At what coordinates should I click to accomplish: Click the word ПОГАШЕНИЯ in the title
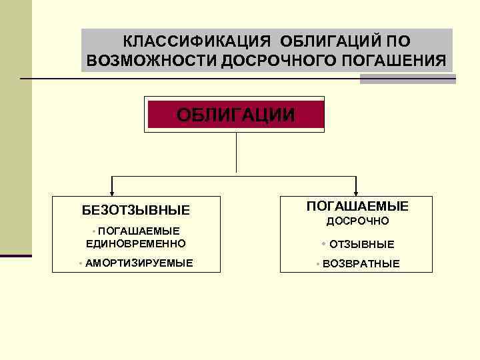pyautogui.click(x=394, y=61)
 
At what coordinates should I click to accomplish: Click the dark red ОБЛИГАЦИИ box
pyautogui.click(x=235, y=114)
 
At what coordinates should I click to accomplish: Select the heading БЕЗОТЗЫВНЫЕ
pyautogui.click(x=136, y=210)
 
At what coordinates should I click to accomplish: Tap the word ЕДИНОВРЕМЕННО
pyautogui.click(x=136, y=243)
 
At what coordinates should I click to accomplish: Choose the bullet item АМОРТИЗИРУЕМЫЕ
pyautogui.click(x=139, y=263)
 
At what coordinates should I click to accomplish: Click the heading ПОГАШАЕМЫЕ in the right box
pyautogui.click(x=357, y=206)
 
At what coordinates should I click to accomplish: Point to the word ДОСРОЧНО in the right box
pyautogui.click(x=357, y=221)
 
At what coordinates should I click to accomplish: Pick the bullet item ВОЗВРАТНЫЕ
pyautogui.click(x=361, y=263)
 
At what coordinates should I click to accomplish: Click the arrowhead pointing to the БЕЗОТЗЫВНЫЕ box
pyautogui.click(x=113, y=191)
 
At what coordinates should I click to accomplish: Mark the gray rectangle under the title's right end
pyautogui.click(x=407, y=79)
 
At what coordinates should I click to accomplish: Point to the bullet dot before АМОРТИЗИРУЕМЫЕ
pyautogui.click(x=80, y=263)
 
